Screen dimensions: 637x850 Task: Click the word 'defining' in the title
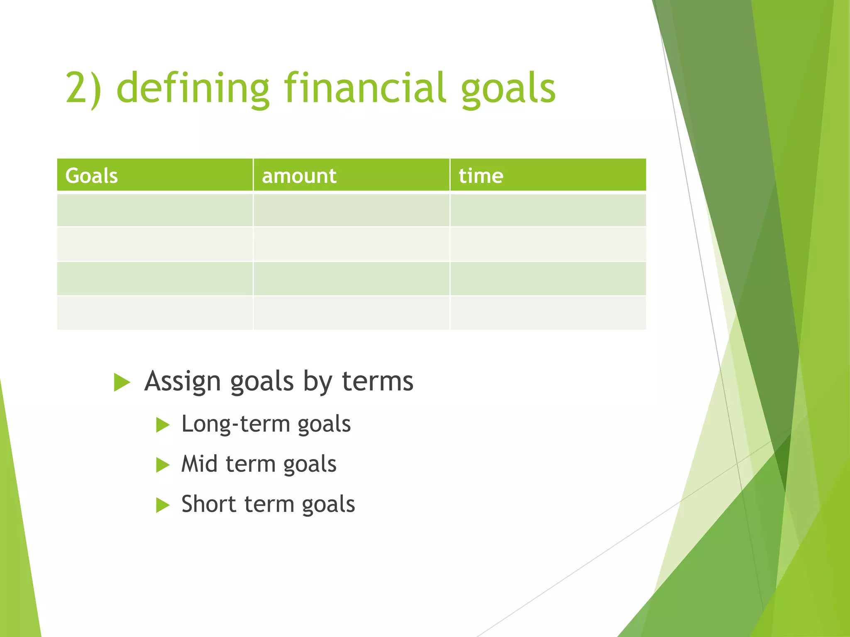point(193,88)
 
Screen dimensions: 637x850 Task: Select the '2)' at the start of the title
point(83,88)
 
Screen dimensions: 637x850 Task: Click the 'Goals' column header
point(92,176)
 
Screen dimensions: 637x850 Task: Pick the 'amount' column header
point(299,176)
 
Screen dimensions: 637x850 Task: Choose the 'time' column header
point(481,176)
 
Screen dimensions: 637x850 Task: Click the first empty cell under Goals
point(155,210)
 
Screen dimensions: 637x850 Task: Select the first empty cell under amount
point(351,210)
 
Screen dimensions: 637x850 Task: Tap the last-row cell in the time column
point(548,313)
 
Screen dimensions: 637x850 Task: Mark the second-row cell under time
point(548,244)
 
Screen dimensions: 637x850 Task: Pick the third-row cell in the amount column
point(351,279)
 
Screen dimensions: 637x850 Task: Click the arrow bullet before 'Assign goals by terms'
point(122,382)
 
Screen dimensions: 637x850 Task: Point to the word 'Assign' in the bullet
point(182,382)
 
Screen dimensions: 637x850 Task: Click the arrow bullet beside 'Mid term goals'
point(163,465)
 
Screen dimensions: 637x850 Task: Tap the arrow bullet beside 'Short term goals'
point(163,505)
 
